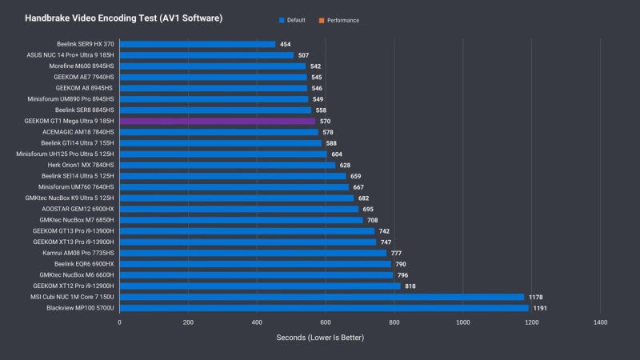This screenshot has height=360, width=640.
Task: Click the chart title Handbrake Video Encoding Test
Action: pos(123,17)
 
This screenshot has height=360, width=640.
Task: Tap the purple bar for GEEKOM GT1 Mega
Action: pos(217,121)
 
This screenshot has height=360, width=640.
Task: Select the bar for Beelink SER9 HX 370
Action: pos(198,44)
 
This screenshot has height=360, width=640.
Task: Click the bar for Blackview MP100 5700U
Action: pos(324,307)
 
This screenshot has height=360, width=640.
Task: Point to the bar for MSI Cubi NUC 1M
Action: pos(322,296)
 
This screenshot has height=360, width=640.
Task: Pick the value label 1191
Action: pos(542,307)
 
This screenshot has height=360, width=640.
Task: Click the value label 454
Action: pos(285,44)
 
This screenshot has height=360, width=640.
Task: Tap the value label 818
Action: pos(410,286)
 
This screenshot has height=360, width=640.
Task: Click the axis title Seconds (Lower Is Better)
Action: pos(320,338)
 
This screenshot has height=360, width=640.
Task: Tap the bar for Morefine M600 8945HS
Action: pos(213,66)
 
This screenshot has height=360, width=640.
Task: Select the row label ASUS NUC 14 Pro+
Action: pos(70,55)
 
